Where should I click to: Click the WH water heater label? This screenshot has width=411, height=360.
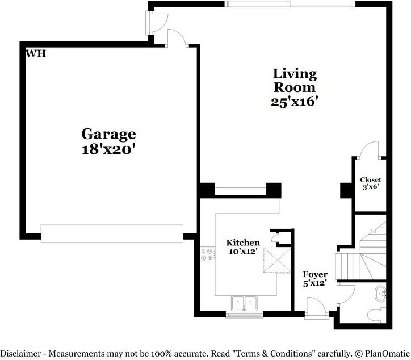36,53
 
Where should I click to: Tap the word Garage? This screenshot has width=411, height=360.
108,134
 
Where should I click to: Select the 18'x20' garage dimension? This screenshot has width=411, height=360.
108,150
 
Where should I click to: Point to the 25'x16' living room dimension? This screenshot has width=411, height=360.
295,102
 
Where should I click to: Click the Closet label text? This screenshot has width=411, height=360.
370,180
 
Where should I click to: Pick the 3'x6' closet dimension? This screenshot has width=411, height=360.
371,187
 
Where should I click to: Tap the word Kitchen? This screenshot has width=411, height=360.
243,242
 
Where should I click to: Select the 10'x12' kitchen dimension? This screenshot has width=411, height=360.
242,251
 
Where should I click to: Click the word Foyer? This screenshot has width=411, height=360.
315,275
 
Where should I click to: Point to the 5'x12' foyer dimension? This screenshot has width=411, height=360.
315,283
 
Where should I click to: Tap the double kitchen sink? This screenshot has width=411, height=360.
244,303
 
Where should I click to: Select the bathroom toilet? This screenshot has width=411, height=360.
377,315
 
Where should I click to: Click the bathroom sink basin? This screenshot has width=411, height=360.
380,294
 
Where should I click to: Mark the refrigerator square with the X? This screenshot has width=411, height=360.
278,260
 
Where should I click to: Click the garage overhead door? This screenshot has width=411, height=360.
112,233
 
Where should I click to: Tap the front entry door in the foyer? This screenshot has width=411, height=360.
317,308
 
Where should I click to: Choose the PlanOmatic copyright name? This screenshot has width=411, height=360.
387,354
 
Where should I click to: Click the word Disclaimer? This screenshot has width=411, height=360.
20,354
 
